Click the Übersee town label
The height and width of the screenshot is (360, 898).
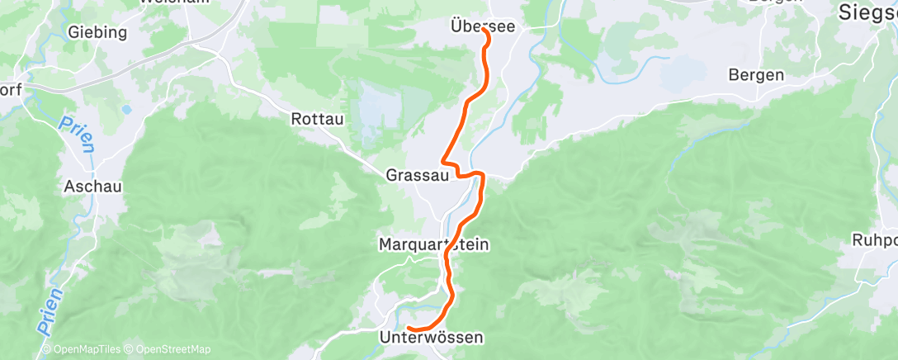coord(483,26)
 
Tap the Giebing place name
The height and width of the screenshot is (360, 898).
coord(98,33)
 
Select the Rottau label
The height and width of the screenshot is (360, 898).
coord(317,119)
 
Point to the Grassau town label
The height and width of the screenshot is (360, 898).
coord(417,175)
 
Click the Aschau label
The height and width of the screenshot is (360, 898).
coord(92,187)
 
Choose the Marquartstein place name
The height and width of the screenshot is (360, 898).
coord(434,244)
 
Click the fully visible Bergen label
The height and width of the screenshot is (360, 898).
coord(756,74)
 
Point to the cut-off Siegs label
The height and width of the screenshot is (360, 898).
coord(867,12)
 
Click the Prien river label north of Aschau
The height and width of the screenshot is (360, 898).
coord(77,135)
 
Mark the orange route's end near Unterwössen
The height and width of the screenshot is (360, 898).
coord(409,331)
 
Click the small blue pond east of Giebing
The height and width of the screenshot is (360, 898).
coord(125,108)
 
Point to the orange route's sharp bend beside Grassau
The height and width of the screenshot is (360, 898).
coord(444,159)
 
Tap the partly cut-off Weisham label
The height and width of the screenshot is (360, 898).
coord(173,2)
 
